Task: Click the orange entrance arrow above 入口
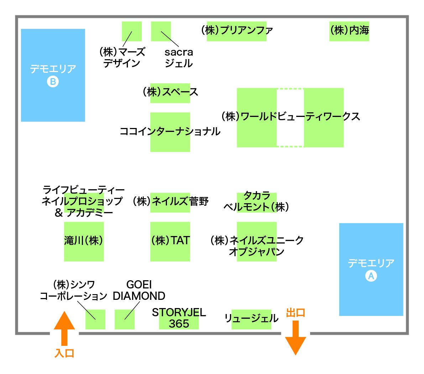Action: click(x=64, y=328)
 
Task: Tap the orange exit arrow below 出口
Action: click(x=295, y=338)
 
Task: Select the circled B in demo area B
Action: click(x=53, y=82)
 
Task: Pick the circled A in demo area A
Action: click(x=371, y=276)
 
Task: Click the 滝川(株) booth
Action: click(x=84, y=242)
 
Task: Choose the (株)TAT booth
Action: click(x=170, y=242)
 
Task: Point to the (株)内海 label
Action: click(x=349, y=30)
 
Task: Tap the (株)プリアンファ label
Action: click(x=237, y=30)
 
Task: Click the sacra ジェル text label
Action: click(x=179, y=58)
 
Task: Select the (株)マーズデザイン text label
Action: click(x=122, y=57)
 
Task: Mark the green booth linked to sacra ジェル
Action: click(x=161, y=31)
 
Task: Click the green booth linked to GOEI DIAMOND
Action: click(x=125, y=319)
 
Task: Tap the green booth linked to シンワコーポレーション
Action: click(x=95, y=319)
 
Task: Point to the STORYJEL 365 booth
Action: click(x=179, y=319)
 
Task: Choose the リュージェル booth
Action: click(x=251, y=319)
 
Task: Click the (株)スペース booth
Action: click(x=170, y=93)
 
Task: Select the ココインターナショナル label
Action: click(x=170, y=131)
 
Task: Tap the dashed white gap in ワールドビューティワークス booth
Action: click(x=290, y=118)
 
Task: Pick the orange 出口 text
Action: click(x=295, y=313)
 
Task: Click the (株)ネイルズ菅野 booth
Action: click(x=170, y=203)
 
